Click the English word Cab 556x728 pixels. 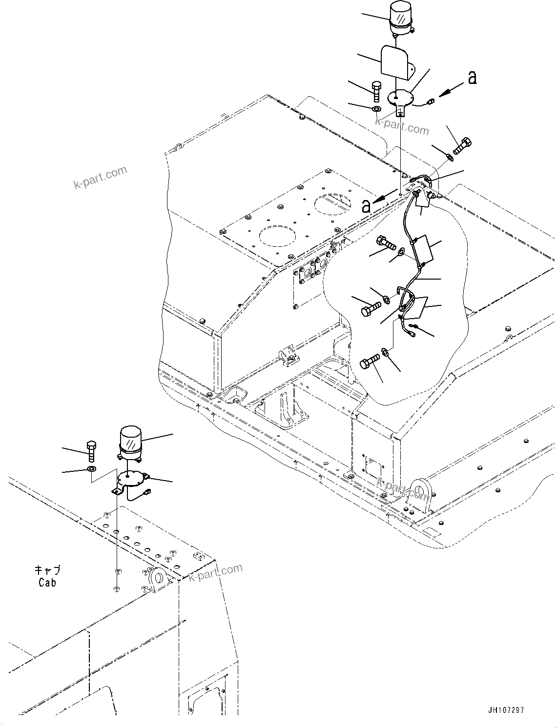[x=47, y=582]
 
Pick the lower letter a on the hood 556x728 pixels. [x=366, y=206]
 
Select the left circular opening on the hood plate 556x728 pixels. [x=275, y=236]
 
